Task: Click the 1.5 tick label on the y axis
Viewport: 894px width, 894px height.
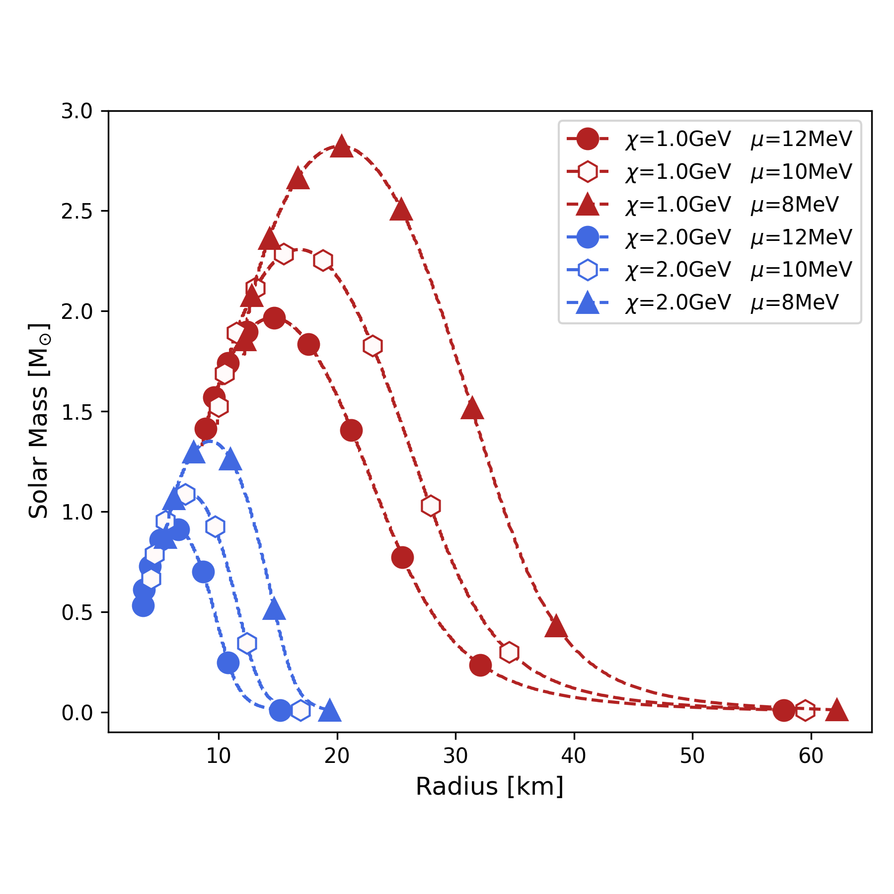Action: (77, 412)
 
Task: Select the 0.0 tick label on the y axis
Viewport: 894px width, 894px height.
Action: (77, 713)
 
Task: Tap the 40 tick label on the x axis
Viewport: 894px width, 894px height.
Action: (574, 756)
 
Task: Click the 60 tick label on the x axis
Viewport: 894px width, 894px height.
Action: (811, 756)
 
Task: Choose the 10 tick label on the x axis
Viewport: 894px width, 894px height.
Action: (219, 756)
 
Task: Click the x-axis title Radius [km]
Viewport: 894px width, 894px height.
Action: (490, 787)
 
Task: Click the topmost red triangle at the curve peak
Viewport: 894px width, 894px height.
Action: (341, 146)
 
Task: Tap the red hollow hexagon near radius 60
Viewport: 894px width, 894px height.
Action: (805, 711)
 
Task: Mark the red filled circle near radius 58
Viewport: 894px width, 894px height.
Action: (784, 711)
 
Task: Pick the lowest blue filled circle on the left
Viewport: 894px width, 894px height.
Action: (143, 605)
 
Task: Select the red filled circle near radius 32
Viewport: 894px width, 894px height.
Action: (480, 665)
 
